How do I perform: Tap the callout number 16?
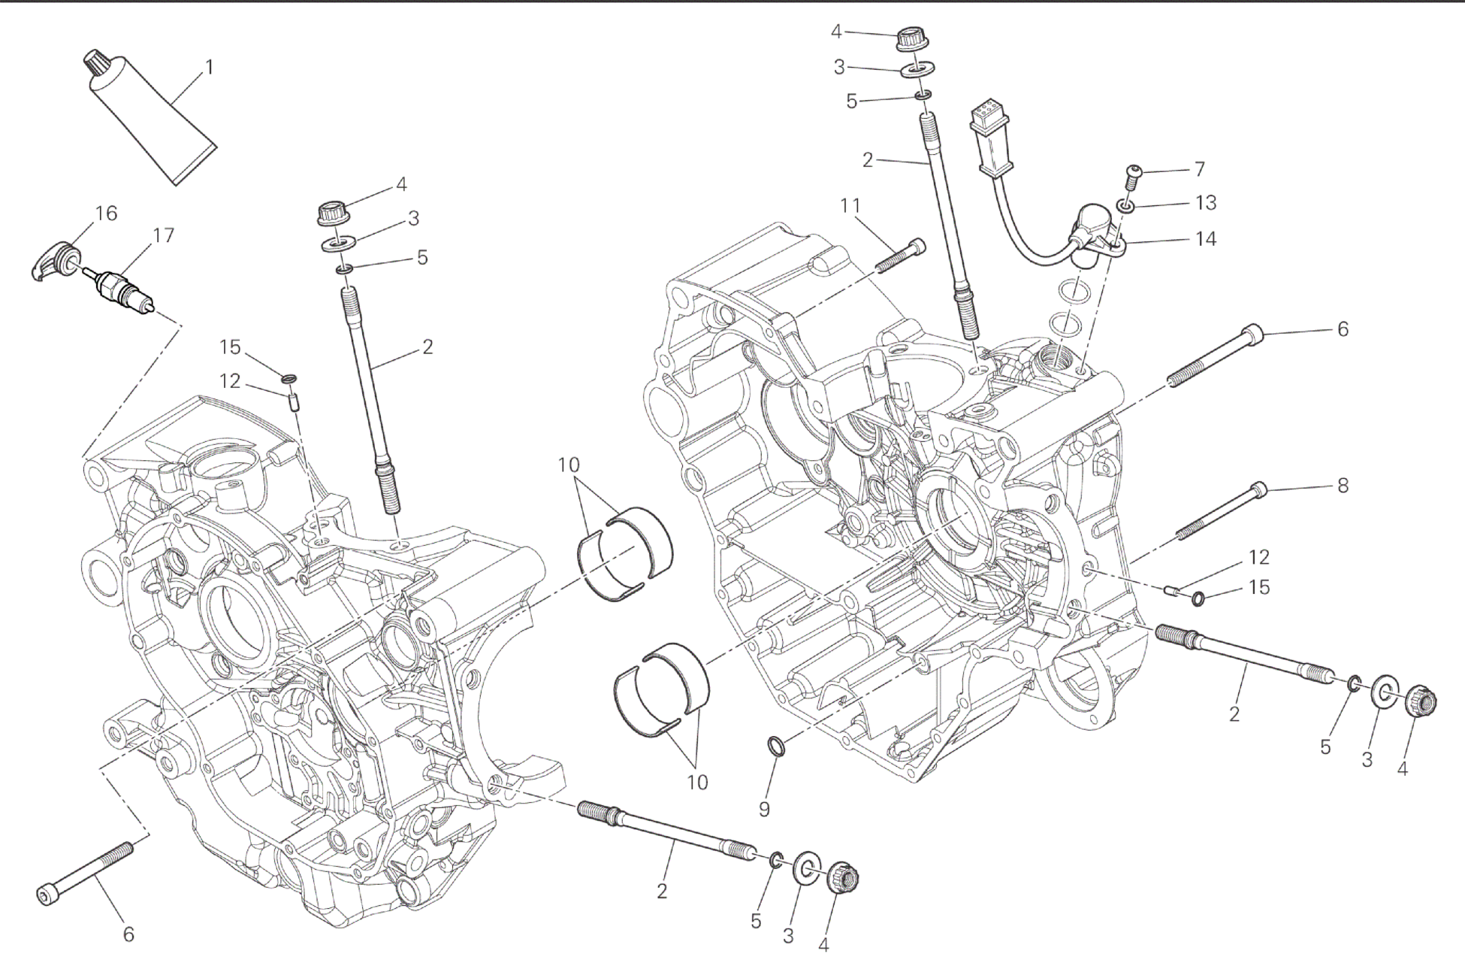(x=106, y=214)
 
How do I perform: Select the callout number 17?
(x=163, y=235)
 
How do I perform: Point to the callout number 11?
(x=850, y=205)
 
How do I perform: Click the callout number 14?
(x=1205, y=239)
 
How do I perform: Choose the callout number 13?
(x=1205, y=203)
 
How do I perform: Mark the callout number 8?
(x=1343, y=486)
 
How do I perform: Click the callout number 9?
(x=764, y=809)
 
